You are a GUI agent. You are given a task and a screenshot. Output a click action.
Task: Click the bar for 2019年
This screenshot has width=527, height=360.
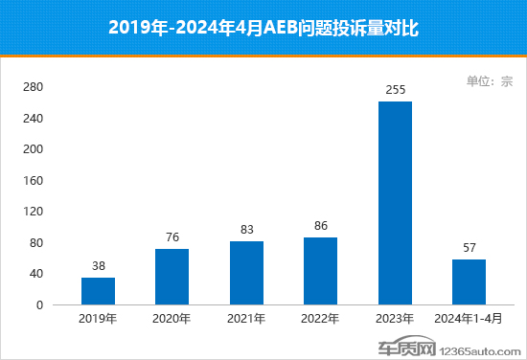pos(98,291)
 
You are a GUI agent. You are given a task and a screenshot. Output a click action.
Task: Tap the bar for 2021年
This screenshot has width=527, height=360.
pos(246,273)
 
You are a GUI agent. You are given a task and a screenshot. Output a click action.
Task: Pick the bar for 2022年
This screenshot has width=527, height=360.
pos(320,271)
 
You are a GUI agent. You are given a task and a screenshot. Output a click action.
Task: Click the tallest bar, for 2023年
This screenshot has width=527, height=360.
pos(395,203)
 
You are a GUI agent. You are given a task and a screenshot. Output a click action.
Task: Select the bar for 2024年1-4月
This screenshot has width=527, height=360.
pos(469,282)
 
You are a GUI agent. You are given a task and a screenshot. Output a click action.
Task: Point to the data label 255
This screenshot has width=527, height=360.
pos(395,90)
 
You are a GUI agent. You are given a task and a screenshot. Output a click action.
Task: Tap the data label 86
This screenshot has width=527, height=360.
pos(320,226)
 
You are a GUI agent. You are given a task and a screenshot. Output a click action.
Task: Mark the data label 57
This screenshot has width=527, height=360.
pos(469,248)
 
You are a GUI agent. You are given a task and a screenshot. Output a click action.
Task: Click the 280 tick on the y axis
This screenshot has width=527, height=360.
pos(33,87)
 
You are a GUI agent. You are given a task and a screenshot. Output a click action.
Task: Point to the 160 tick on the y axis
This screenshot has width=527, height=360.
pos(33,181)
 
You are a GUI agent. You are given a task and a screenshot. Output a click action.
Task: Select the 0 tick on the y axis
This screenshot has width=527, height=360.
pos(39,305)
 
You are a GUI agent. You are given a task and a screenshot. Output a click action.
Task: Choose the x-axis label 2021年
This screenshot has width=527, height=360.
pos(246,319)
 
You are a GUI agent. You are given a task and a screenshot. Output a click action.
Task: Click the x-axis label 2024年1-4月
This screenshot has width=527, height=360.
pos(469,319)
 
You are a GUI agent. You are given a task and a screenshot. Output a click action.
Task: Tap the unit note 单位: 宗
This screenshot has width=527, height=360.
pos(490,81)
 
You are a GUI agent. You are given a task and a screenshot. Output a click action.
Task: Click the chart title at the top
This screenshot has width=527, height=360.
pos(263,28)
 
